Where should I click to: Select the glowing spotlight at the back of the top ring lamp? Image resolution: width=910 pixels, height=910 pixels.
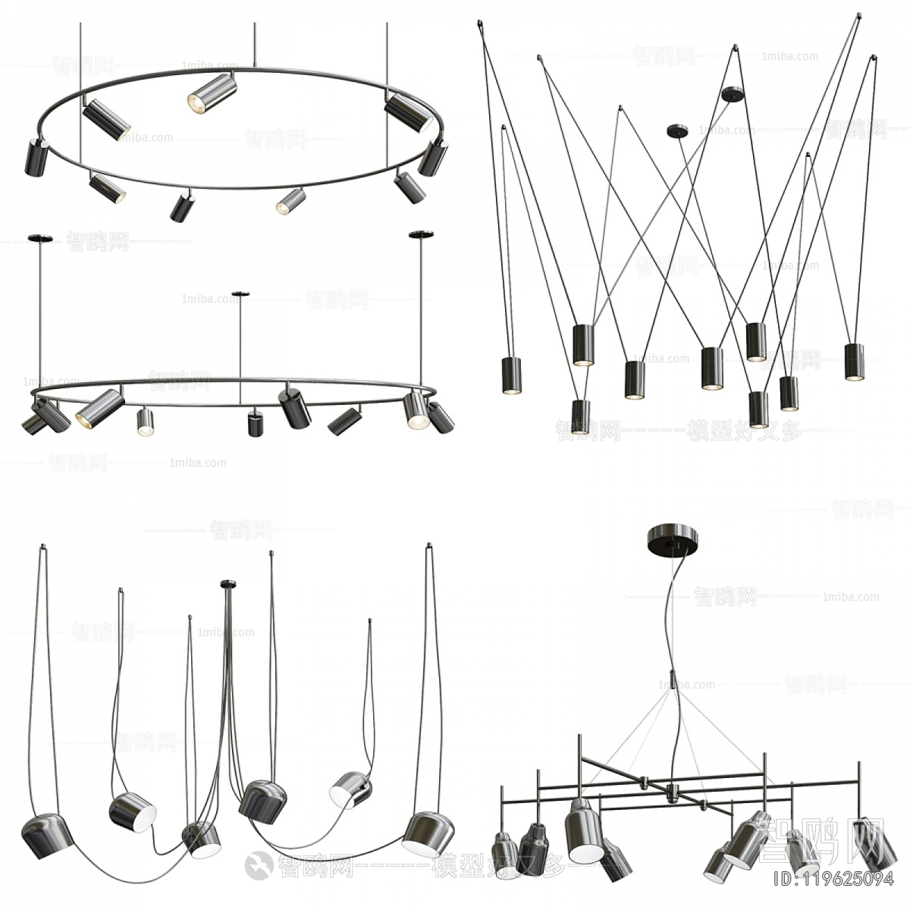[x=212, y=94]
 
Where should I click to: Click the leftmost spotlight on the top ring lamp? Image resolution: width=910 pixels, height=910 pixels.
[x=36, y=158]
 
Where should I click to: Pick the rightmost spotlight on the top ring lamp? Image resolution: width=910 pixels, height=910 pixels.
[x=434, y=156]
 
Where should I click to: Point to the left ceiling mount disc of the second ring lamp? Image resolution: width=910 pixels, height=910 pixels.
[x=41, y=239]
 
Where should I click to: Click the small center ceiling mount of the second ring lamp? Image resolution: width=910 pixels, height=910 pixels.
[x=240, y=293]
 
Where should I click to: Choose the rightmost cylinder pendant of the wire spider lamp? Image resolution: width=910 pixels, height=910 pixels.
[x=855, y=361]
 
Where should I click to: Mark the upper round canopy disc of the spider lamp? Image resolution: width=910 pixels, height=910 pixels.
[x=733, y=94]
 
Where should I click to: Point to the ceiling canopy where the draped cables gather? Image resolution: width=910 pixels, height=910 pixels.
[x=228, y=583]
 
